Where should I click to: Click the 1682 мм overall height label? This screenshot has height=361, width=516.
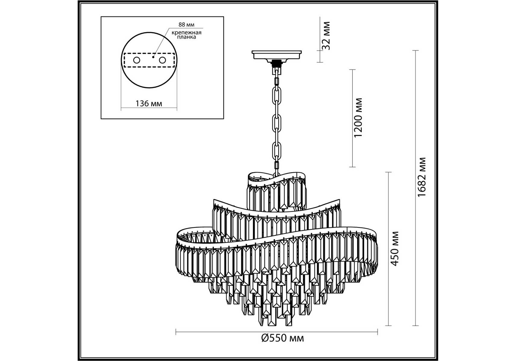pos(422,177)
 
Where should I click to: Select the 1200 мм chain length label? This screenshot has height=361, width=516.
pos(358,118)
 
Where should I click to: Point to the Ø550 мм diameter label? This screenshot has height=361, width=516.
pos(283,338)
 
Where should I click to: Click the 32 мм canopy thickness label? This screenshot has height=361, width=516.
pos(326,35)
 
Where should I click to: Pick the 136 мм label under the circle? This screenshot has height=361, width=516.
pos(149,103)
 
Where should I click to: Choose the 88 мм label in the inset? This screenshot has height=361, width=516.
pos(186,25)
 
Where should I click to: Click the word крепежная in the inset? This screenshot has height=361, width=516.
pos(187,32)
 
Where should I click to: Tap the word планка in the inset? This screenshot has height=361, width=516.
pos(187,37)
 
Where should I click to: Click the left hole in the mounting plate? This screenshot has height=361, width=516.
pos(137,60)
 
